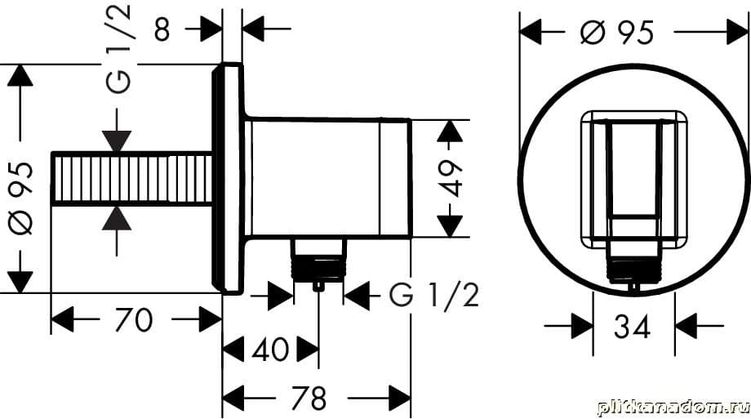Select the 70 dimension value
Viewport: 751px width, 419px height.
click(x=134, y=319)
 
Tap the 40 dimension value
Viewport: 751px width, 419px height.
click(x=271, y=350)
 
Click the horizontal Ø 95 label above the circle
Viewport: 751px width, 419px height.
click(x=617, y=33)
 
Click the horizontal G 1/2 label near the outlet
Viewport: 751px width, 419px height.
click(x=433, y=296)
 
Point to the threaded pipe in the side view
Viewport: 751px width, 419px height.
click(x=131, y=178)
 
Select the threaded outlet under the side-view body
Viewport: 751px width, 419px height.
click(x=318, y=263)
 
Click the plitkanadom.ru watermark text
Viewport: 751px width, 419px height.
click(x=673, y=406)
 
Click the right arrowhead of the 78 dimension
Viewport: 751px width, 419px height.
click(x=399, y=399)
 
